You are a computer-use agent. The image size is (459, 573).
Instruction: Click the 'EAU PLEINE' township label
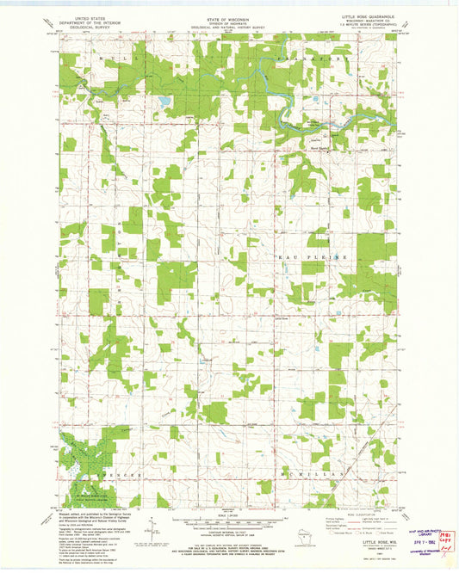(324, 256)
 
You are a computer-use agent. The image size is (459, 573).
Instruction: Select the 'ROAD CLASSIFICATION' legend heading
(354, 515)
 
